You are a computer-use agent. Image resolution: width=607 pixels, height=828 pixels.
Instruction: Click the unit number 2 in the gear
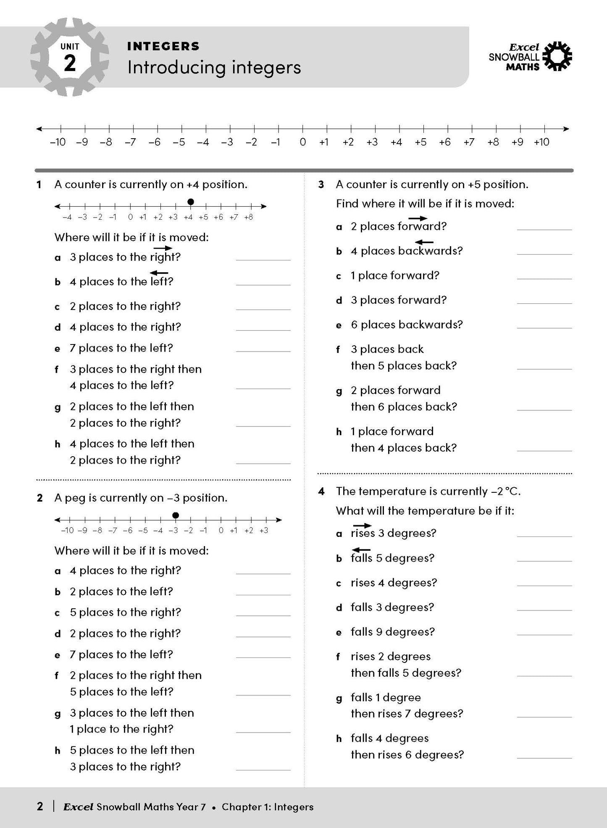(70, 63)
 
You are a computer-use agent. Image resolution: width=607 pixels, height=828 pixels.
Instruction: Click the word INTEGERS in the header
(163, 46)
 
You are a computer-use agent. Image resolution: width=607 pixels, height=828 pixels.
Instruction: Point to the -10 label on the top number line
(58, 142)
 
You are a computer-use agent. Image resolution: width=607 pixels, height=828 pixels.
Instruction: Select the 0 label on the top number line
(302, 142)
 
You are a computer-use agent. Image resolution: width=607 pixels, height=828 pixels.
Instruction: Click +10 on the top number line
(541, 142)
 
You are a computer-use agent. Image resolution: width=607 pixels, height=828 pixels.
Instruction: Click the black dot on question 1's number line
(191, 202)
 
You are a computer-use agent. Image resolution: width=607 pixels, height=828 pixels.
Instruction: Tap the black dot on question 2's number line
(176, 515)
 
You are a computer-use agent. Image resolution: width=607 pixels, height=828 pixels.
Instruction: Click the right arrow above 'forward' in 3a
(418, 218)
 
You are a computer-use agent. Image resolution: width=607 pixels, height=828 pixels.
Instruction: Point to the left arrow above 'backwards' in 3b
(424, 242)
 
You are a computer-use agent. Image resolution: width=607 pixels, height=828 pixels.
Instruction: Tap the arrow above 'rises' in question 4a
(362, 526)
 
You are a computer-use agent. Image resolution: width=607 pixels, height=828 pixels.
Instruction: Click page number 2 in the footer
(40, 807)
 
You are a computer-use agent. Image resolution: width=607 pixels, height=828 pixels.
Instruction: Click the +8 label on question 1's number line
(248, 217)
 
